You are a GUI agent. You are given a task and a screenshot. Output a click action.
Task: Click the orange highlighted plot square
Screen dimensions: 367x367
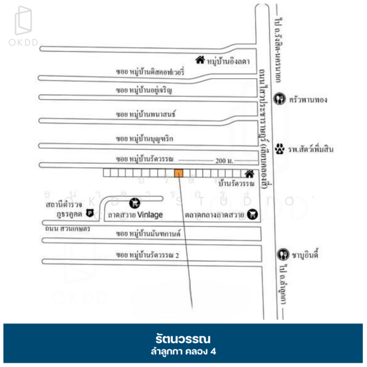(179, 173)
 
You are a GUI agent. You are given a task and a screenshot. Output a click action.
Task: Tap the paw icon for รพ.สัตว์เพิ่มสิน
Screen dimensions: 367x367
(280, 148)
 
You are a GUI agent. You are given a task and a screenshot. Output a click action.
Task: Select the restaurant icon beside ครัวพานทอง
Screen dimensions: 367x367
(280, 98)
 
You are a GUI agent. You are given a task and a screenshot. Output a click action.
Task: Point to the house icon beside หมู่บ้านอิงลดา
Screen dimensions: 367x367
(199, 60)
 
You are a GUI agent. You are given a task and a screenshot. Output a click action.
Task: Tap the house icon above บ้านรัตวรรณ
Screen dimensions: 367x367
(249, 173)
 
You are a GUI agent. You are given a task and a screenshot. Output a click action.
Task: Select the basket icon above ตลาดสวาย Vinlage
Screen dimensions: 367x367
(134, 202)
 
